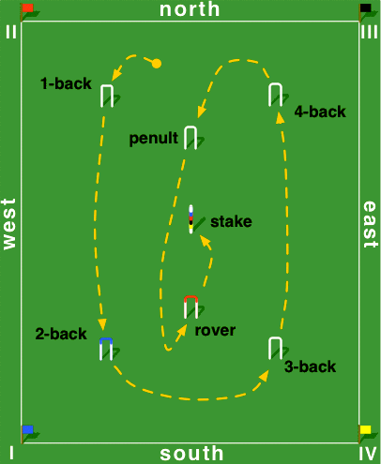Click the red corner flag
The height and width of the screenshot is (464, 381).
point(28,8)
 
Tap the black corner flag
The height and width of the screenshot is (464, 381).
point(366,8)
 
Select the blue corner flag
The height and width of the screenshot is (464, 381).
point(28,429)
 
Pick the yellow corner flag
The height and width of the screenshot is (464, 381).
point(365,429)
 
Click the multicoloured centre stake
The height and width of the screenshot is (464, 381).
point(190,219)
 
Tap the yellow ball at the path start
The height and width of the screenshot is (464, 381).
point(157,64)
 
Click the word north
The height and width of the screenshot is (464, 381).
point(190,9)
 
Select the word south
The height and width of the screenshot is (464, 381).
point(191,454)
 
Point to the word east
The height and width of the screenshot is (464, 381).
point(370,224)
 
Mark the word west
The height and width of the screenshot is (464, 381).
point(9,224)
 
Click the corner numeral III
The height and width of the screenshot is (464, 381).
point(369,32)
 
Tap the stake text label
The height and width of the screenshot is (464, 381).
point(231,221)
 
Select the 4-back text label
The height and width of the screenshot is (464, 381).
point(320,112)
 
